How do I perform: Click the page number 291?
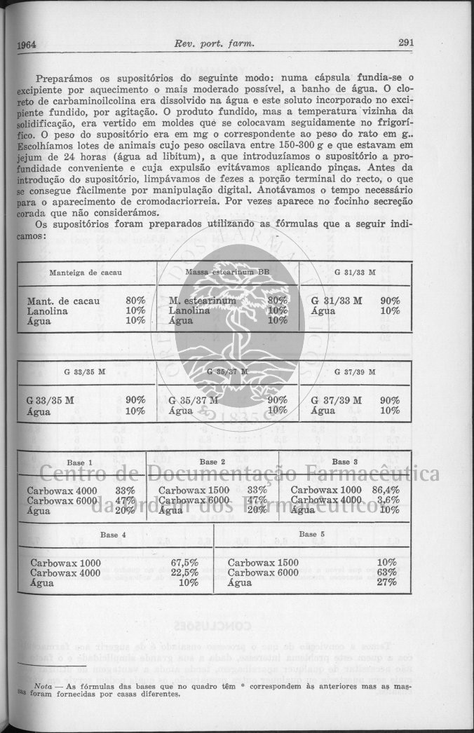click(x=405, y=42)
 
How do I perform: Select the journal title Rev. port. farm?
click(x=213, y=43)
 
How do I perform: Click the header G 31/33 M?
click(x=355, y=270)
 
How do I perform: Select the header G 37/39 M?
click(x=355, y=371)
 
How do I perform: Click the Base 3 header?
click(x=345, y=462)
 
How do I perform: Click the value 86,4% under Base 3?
click(x=386, y=490)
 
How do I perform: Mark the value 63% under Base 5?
click(x=386, y=573)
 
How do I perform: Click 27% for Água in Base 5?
click(x=386, y=582)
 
